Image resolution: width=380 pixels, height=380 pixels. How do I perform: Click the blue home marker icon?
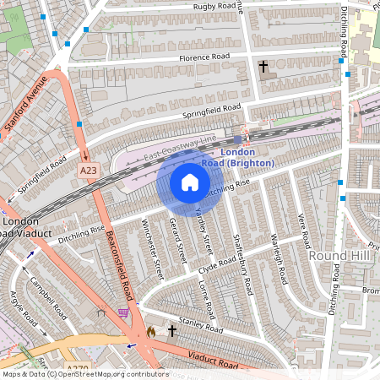point(190,182)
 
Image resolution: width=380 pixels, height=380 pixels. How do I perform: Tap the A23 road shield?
point(88,170)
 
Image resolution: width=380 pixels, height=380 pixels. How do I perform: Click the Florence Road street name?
point(204,57)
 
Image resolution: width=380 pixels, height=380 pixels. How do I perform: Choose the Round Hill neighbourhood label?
point(335,255)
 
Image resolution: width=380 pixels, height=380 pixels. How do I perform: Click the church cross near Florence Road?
point(263,66)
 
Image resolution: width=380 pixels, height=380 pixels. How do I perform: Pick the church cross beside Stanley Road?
point(172,330)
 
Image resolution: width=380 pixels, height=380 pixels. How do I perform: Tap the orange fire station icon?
point(151,332)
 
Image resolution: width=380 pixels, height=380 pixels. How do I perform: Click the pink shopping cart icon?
point(124,312)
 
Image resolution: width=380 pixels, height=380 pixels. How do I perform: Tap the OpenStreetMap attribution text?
point(74,373)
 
